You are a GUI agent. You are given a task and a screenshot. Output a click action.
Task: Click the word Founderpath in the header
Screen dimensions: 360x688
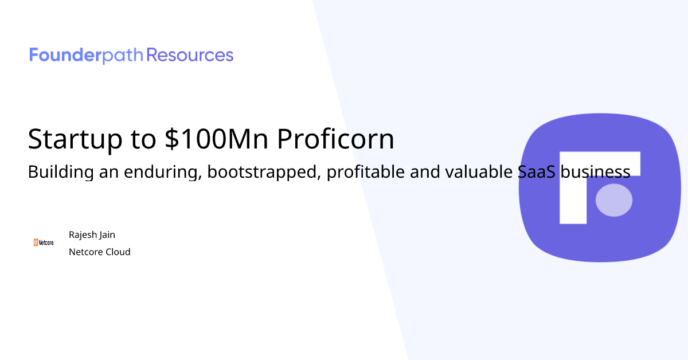87,56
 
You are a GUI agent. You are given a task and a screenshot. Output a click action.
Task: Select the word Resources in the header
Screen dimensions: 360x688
190,56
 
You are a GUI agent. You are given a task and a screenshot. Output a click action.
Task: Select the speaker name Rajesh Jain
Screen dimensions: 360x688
92,235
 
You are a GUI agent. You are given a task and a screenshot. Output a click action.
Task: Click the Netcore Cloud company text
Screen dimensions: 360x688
100,252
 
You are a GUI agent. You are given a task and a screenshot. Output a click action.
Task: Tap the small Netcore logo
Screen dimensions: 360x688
44,242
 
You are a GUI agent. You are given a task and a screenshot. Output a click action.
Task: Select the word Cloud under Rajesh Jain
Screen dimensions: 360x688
118,252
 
